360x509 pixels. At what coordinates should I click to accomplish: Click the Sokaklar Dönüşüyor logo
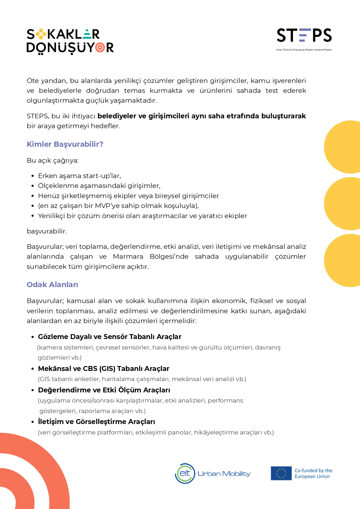70,41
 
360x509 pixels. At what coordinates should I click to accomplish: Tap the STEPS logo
304,36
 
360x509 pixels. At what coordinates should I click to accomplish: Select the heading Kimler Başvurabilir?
65,144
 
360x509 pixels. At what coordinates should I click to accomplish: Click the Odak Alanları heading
52,285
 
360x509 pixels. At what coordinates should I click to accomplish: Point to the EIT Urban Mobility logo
213,473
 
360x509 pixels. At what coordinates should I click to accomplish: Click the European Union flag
281,473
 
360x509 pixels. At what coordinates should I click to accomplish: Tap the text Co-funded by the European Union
313,473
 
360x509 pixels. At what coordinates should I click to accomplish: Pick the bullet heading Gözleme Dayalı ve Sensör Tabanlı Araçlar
110,337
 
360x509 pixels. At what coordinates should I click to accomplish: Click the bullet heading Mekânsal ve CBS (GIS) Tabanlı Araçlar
104,369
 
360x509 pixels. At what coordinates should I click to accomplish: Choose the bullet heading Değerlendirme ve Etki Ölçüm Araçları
104,390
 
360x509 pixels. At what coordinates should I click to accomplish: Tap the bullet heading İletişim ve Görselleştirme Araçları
96,422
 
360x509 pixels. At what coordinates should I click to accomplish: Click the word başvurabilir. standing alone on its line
47,231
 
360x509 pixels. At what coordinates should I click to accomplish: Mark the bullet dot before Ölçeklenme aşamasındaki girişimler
33,186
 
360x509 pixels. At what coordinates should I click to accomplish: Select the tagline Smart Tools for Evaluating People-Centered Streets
304,50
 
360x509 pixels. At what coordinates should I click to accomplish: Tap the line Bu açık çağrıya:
53,161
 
